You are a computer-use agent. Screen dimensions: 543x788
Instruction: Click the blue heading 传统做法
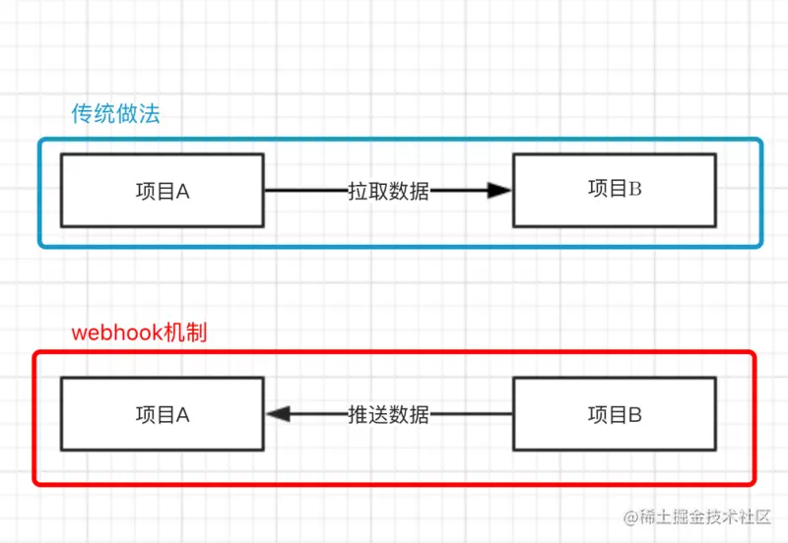click(115, 113)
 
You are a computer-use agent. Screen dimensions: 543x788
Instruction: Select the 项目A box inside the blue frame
click(162, 191)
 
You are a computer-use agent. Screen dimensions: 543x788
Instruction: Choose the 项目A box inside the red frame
click(162, 415)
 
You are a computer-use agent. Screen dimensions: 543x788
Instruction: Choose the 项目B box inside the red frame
click(615, 415)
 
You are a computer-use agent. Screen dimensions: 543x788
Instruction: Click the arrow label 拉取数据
click(388, 191)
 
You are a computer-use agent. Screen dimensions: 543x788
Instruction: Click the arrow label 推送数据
click(388, 415)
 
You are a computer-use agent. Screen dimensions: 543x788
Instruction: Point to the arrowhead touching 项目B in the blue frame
click(500, 191)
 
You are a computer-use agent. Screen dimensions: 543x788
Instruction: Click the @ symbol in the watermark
click(624, 516)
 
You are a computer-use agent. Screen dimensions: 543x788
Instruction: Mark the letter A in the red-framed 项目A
click(182, 415)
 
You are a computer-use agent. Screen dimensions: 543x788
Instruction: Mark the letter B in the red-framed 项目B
click(635, 415)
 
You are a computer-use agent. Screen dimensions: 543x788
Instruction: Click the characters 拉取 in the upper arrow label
click(367, 191)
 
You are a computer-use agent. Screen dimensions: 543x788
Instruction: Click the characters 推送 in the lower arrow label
click(367, 415)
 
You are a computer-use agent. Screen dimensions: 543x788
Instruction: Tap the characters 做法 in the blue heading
click(137, 113)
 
